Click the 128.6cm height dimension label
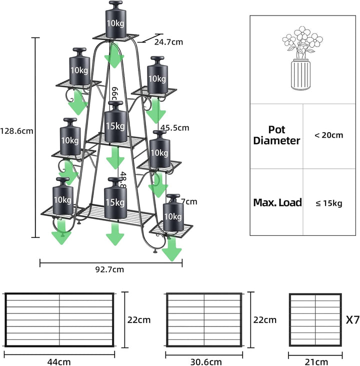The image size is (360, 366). [17, 132]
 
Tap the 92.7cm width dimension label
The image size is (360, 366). [109, 269]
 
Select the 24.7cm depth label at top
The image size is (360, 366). [168, 42]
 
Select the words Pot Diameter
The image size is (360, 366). [276, 136]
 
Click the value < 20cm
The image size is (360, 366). [329, 136]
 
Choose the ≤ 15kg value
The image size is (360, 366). [328, 203]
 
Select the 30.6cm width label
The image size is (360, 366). [203, 361]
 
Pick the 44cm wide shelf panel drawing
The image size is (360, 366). [59, 320]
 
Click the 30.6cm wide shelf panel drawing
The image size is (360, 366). [203, 320]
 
